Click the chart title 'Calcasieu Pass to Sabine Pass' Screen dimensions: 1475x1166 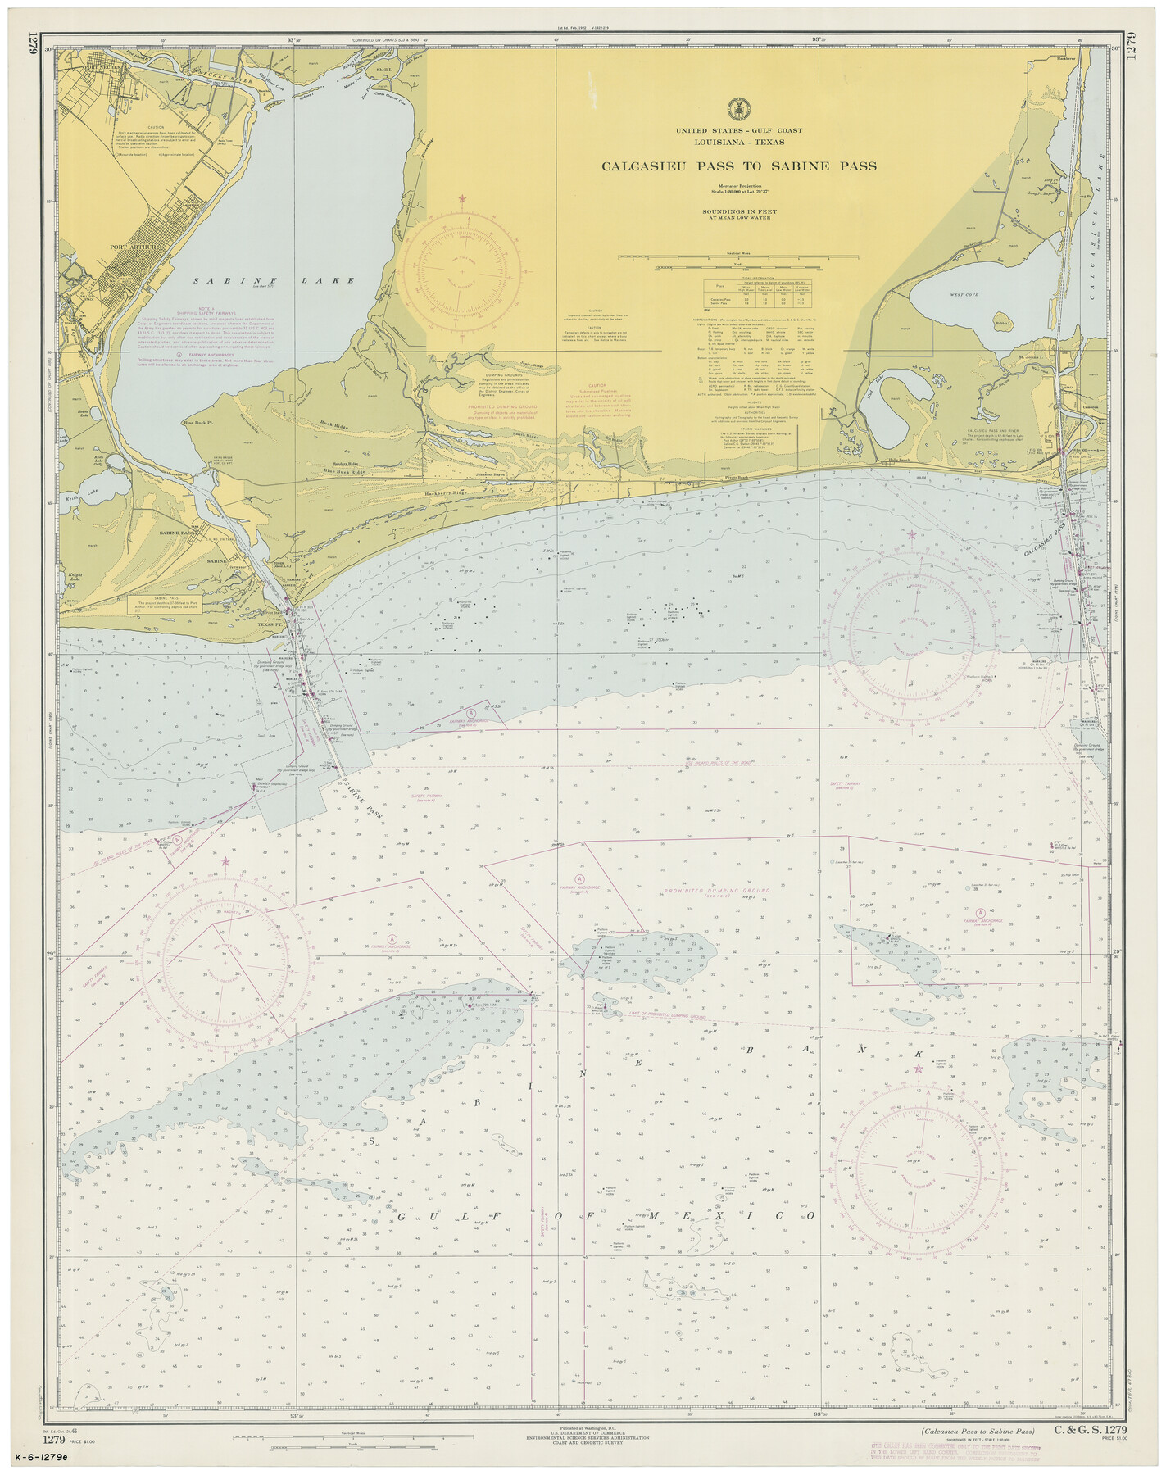[739, 166]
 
